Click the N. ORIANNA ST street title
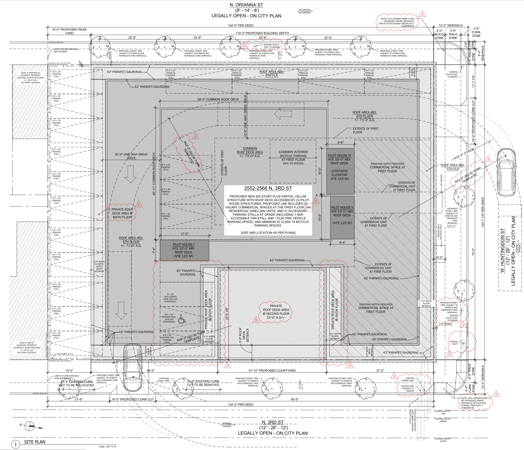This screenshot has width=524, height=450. (246, 5)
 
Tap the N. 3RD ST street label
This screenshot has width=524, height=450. (272, 422)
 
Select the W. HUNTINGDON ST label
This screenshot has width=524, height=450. (502, 250)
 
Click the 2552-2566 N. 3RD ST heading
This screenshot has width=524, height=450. (268, 188)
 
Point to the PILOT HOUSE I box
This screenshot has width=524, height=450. (184, 250)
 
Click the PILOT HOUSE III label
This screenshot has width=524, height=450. (339, 156)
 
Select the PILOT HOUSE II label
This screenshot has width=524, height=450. (342, 208)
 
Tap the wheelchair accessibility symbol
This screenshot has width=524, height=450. (182, 319)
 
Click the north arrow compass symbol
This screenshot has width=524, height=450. (29, 426)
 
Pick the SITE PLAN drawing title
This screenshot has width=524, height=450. (35, 442)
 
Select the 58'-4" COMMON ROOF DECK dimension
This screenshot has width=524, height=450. (218, 99)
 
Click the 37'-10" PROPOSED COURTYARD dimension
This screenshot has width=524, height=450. (272, 371)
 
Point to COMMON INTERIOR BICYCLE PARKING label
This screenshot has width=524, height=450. (293, 156)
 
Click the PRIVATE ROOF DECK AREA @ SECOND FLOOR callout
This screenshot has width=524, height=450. (276, 312)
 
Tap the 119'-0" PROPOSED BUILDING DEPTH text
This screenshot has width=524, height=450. (262, 33)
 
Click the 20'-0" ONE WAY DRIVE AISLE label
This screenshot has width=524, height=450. (131, 156)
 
